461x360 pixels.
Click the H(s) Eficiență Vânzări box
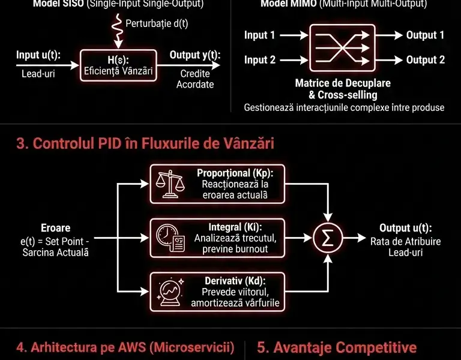(118, 66)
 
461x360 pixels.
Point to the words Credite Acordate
(195, 79)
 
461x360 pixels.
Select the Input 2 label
(259, 60)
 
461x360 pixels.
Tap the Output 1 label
(425, 35)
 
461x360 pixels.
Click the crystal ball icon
(169, 290)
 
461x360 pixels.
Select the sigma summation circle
(327, 238)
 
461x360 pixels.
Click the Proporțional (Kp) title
(235, 173)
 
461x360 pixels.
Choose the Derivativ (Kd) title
(235, 280)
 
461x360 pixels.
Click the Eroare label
(55, 228)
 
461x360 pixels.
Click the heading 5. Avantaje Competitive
(337, 347)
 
